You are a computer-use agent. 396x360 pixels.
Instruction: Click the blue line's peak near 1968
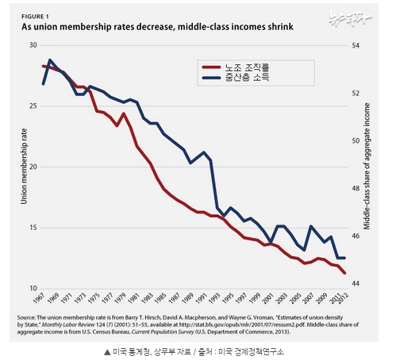click(x=50, y=59)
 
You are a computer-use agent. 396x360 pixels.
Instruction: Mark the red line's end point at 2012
click(x=344, y=274)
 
